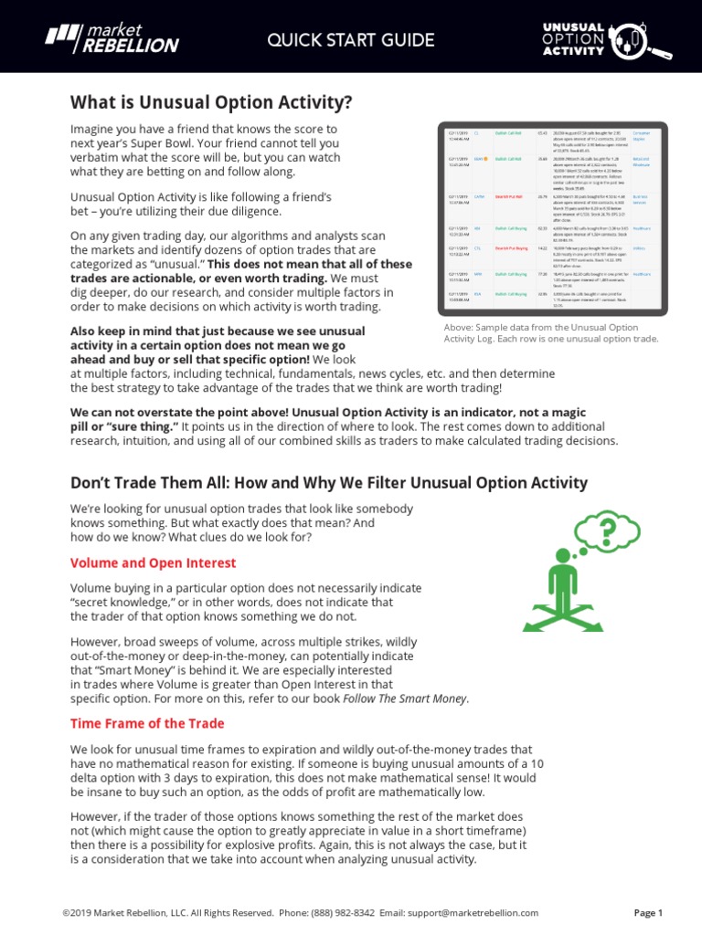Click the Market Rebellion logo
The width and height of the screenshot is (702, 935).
tap(112, 38)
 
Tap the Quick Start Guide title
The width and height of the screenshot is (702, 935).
tap(337, 39)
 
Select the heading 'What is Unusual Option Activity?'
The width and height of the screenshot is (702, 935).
tap(211, 101)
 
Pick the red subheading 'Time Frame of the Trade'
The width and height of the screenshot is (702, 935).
tap(147, 723)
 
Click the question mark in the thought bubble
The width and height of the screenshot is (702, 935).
tap(606, 529)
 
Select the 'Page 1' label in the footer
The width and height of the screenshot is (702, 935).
tap(648, 912)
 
